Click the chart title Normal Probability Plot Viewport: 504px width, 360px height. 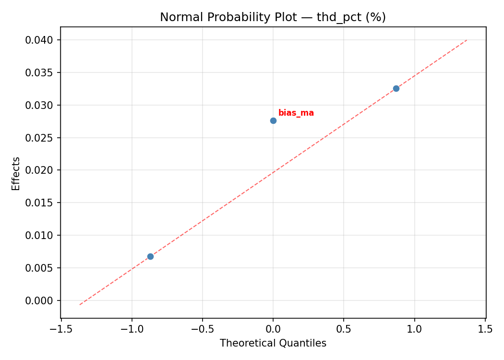273,17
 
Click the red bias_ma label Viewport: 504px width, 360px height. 296,113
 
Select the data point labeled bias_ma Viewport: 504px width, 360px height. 273,120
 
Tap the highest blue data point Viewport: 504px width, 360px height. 396,88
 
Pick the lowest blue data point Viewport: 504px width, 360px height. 150,256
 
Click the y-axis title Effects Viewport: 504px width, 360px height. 16,173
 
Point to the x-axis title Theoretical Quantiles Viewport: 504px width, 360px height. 273,343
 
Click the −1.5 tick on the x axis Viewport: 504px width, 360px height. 61,329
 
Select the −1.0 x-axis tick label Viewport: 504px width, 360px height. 132,329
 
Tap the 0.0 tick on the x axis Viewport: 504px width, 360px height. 273,329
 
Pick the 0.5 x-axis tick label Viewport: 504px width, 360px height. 344,329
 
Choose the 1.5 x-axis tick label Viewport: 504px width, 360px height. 485,329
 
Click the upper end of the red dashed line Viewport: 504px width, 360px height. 467,40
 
